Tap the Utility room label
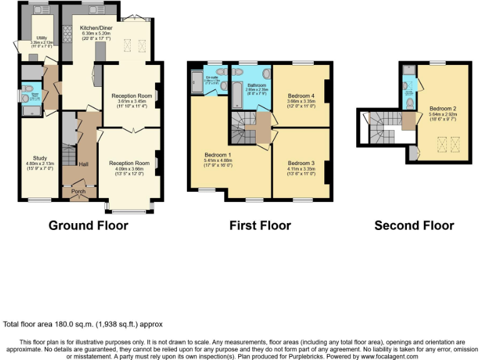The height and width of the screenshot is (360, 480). click(x=42, y=38)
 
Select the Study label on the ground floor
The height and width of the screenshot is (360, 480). click(x=40, y=158)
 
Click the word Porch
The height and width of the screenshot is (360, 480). click(x=79, y=191)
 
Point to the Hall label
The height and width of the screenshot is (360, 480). click(x=83, y=164)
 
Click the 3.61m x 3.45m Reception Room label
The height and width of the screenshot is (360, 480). click(x=131, y=96)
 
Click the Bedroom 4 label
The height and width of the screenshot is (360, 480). click(x=302, y=96)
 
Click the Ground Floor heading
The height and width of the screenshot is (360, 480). click(x=88, y=226)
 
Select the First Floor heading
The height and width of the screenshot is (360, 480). click(x=260, y=226)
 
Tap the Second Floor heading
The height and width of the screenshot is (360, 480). click(x=414, y=226)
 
